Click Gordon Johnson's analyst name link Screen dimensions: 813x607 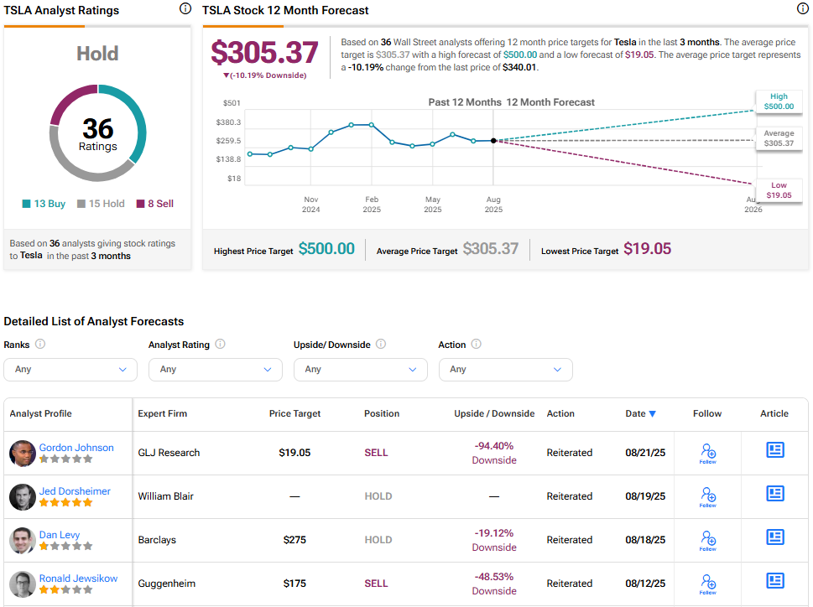(x=76, y=448)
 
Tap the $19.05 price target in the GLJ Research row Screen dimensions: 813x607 (x=294, y=453)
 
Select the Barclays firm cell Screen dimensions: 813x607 (x=157, y=540)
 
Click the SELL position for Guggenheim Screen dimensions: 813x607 (x=376, y=584)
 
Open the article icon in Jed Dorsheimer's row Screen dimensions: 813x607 (x=775, y=494)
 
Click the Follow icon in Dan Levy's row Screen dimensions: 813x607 (x=708, y=540)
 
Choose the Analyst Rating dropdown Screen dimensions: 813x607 (x=216, y=370)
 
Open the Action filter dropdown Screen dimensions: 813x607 (x=506, y=370)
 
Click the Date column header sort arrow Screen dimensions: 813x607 (x=652, y=414)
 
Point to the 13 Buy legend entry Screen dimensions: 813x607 (x=44, y=204)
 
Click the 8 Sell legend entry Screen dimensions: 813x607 (x=155, y=204)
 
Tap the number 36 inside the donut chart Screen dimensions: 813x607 (x=98, y=128)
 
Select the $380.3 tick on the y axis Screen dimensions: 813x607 (x=229, y=122)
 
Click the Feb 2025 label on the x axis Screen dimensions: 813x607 (x=372, y=205)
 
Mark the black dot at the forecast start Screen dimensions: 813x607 (x=493, y=140)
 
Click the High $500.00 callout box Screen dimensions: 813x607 (x=779, y=101)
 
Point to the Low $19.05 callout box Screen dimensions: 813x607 (x=779, y=190)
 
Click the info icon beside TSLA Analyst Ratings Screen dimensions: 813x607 (x=185, y=8)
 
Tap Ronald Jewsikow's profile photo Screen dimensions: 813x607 (x=23, y=584)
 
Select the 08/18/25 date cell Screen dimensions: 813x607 (x=645, y=540)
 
